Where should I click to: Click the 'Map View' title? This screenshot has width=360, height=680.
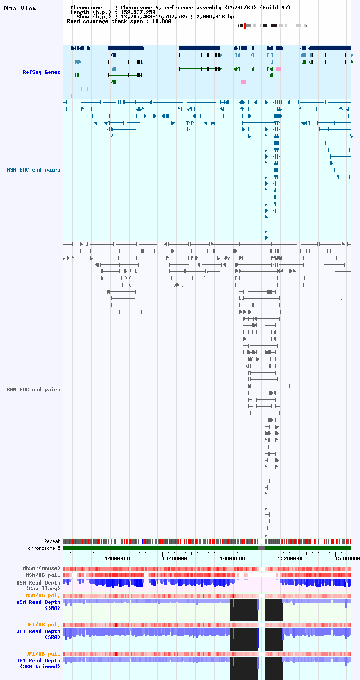pos(20,9)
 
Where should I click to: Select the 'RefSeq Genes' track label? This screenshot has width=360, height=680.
pos(41,72)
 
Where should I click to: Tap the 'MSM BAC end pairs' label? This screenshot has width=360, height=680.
pos(34,170)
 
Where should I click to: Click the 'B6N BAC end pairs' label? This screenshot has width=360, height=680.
pos(34,390)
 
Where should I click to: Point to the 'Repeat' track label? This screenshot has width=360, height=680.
pos(52,541)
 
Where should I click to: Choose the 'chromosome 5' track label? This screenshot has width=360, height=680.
pos(44,548)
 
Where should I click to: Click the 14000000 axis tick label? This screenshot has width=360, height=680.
pos(117,558)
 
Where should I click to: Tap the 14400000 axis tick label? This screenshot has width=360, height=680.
pos(175,558)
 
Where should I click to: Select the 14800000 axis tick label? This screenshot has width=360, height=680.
pos(232,558)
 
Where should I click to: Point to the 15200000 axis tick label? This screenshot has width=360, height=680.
pos(290,558)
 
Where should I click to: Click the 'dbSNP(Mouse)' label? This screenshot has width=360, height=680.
pos(41,568)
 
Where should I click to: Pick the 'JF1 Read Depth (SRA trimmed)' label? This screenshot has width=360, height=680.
pos(39,663)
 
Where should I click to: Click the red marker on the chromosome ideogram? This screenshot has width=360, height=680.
pos(245,26)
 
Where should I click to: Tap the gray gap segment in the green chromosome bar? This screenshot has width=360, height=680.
pos(261,548)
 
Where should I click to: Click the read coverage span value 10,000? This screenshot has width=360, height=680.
pos(162,21)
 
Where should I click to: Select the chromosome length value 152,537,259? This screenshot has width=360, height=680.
pos(138,12)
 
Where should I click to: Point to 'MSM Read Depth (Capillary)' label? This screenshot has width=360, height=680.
pos(39,585)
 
